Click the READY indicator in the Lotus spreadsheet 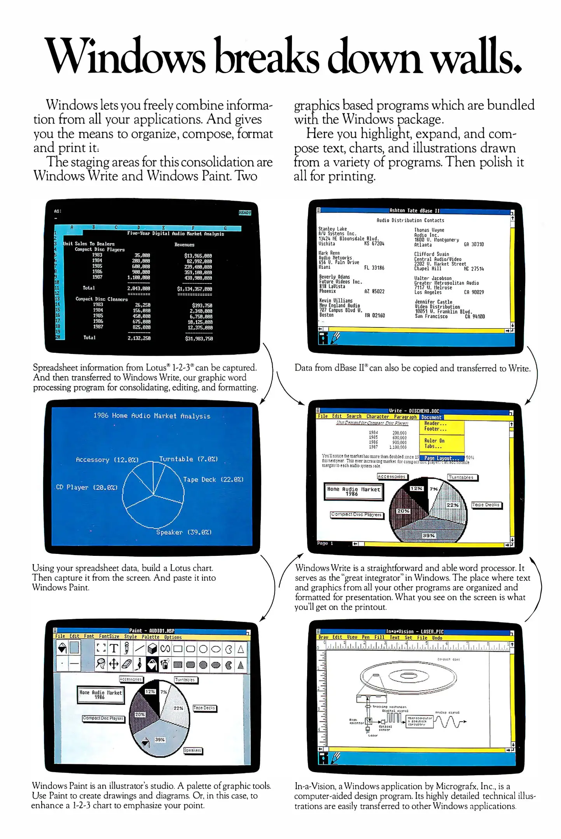pos(245,213)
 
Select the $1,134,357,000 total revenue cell pos(194,289)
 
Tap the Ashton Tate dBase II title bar pos(414,211)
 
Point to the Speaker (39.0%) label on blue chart pos(184,532)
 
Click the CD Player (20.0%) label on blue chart pos(86,487)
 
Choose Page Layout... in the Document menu pos(441,458)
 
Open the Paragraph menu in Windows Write pos(405,417)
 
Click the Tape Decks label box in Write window pos(486,505)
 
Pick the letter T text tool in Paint pos(114,648)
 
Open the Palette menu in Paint pos(150,637)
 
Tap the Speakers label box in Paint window pos(192,750)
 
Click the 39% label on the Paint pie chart pos(160,740)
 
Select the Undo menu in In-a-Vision pos(437,638)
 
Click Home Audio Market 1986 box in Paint pos(100,695)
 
